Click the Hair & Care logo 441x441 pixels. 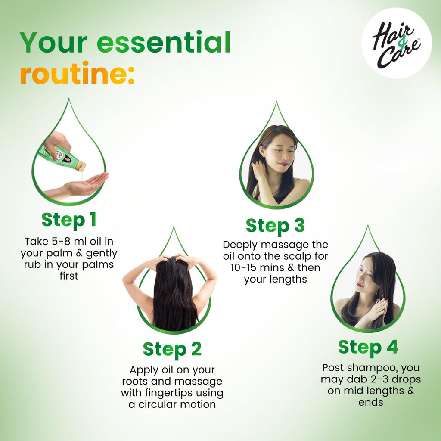tap(396, 43)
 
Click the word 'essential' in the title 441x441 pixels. tap(164, 42)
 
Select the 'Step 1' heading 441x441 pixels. tap(69, 220)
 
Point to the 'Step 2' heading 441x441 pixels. tap(172, 350)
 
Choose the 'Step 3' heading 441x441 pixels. tap(275, 226)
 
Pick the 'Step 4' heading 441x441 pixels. tap(368, 348)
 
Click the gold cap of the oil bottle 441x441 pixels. tap(81, 166)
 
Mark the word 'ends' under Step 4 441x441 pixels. tap(371, 402)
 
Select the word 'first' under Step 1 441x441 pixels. tap(69, 276)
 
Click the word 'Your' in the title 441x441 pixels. tap(53, 42)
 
